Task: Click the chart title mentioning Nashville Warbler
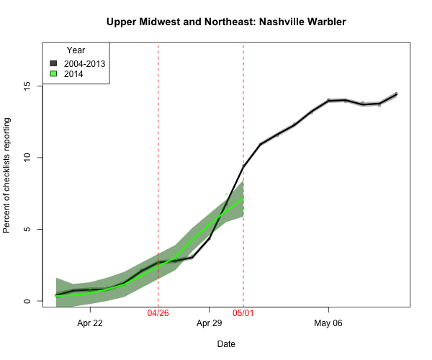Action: pos(226,22)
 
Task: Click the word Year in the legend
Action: pos(76,50)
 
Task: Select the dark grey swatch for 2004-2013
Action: pos(54,63)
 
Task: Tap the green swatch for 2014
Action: pos(54,73)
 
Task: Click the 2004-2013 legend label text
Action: pos(84,63)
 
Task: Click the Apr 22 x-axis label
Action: pos(90,323)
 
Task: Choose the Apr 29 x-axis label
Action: pos(209,323)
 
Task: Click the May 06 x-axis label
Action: pos(328,323)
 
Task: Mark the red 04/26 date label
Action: pos(158,314)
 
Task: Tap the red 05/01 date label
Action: pos(243,314)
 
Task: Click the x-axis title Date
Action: pos(226,344)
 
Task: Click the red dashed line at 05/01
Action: pos(243,108)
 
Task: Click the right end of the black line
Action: pos(396,94)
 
